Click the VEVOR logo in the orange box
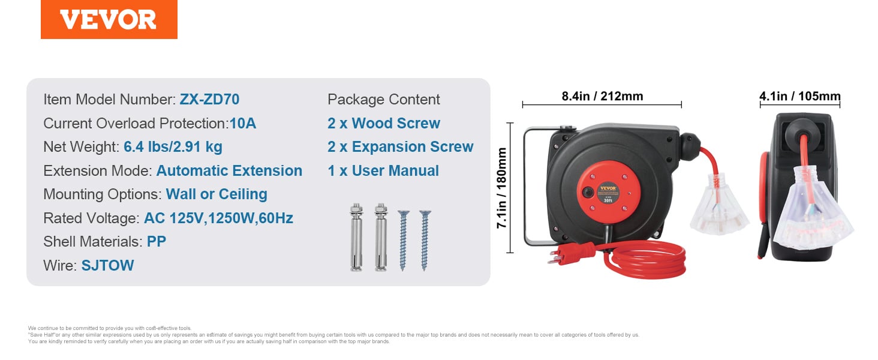pyautogui.click(x=109, y=20)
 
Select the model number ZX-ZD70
pyautogui.click(x=210, y=100)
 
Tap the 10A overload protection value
pyautogui.click(x=242, y=124)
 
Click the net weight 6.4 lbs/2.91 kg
pyautogui.click(x=173, y=147)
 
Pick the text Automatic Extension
pyautogui.click(x=229, y=171)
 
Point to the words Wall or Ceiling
pyautogui.click(x=217, y=194)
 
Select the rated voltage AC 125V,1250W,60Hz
pyautogui.click(x=218, y=218)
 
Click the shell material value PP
pyautogui.click(x=157, y=242)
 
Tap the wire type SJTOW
pyautogui.click(x=108, y=265)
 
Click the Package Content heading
pyautogui.click(x=384, y=100)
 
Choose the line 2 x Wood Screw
pyautogui.click(x=384, y=124)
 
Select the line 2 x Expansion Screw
pyautogui.click(x=401, y=147)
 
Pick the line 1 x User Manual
pyautogui.click(x=383, y=171)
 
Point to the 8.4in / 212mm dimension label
pyautogui.click(x=602, y=96)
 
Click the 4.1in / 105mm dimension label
pyautogui.click(x=800, y=96)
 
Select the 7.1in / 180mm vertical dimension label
pyautogui.click(x=502, y=188)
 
